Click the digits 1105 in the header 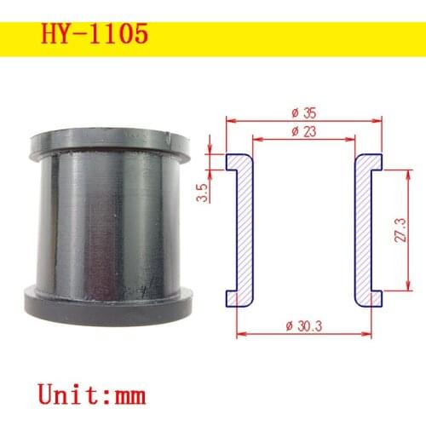[118, 35]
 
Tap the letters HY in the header [54, 35]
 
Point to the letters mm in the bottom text [127, 394]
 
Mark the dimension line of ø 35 [256, 119]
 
